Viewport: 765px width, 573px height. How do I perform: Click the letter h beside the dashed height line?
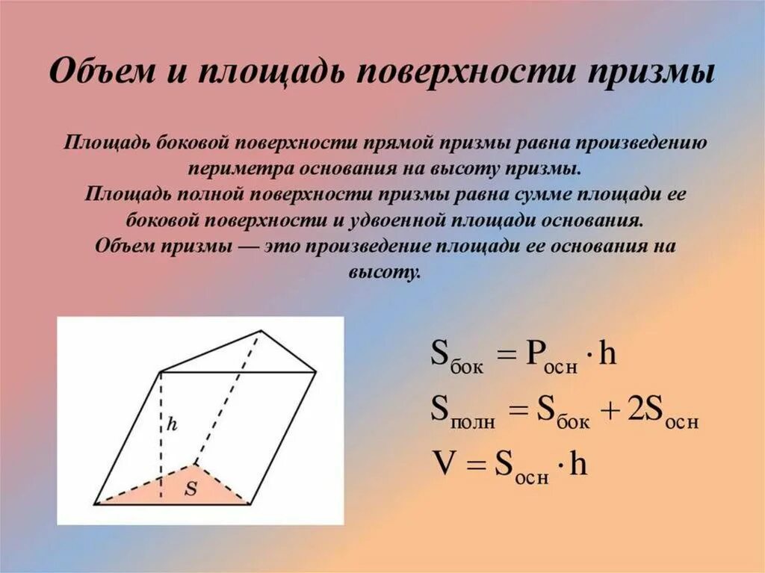pyautogui.click(x=172, y=424)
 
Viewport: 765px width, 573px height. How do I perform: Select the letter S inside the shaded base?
pyautogui.click(x=191, y=489)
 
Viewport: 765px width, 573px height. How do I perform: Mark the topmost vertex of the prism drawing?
pyautogui.click(x=261, y=330)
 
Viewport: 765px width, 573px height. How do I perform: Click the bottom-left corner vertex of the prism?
pyautogui.click(x=96, y=504)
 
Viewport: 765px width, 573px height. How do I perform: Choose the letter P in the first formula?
pyautogui.click(x=536, y=353)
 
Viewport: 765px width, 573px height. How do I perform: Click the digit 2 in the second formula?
pyautogui.click(x=635, y=409)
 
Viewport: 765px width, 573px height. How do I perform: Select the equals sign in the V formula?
pyautogui.click(x=474, y=465)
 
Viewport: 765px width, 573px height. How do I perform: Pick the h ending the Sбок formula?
pyautogui.click(x=609, y=353)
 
